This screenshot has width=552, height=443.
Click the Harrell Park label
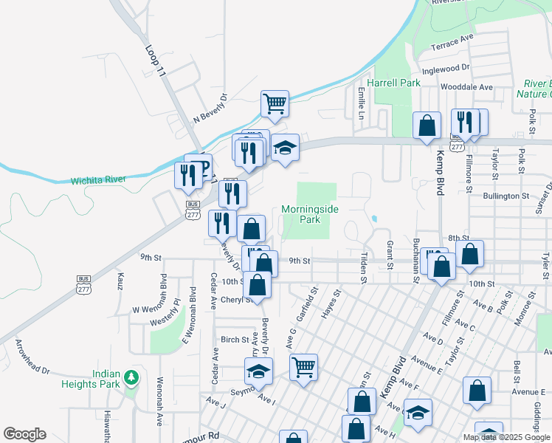[394, 83]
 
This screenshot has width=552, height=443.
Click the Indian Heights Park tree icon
[132, 378]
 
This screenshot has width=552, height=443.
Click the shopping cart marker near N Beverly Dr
[275, 103]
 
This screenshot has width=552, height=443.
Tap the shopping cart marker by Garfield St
[303, 367]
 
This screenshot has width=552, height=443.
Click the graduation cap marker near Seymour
[259, 371]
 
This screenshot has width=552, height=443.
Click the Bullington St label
[507, 196]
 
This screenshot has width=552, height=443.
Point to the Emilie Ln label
[362, 103]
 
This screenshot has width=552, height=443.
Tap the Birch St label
[235, 340]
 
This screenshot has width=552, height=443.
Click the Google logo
[24, 434]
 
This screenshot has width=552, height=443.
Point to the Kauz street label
[120, 281]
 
